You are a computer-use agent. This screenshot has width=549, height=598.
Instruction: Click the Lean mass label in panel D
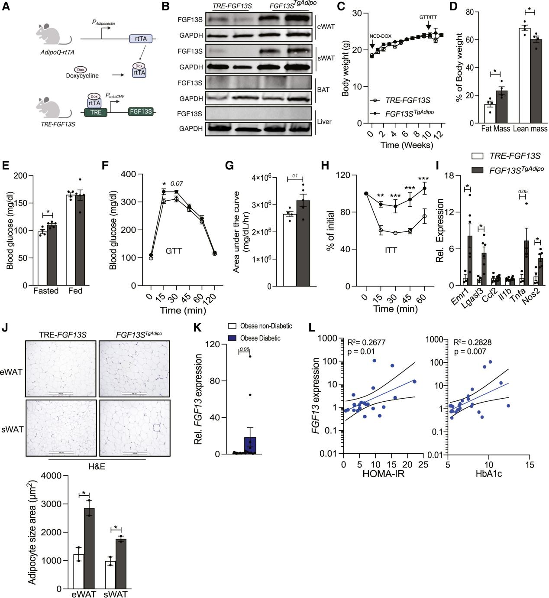(x=530, y=129)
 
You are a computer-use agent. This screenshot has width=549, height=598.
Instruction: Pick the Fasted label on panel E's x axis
(x=46, y=291)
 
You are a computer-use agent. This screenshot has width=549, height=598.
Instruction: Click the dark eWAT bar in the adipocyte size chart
(x=89, y=548)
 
